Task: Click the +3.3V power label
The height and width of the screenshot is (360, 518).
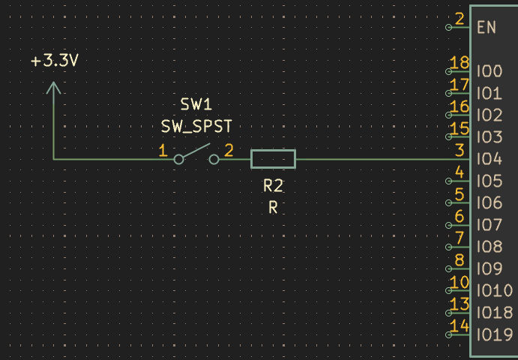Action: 55,61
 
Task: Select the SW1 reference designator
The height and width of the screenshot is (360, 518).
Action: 196,105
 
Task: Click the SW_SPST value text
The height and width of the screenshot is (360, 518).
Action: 196,126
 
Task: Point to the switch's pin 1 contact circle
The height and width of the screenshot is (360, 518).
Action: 178,160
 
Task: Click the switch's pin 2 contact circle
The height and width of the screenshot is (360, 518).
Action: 214,160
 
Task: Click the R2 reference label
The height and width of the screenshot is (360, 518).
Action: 273,186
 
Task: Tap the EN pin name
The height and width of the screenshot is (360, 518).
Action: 487,28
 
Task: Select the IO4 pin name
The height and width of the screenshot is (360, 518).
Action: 490,159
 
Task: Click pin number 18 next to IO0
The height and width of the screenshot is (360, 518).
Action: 460,63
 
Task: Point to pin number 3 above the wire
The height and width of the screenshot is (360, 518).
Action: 460,151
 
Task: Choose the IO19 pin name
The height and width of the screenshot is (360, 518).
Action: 495,335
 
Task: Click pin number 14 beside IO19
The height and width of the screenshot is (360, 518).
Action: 460,326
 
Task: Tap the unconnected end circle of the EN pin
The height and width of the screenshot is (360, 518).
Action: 448,28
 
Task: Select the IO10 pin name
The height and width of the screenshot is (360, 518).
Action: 495,291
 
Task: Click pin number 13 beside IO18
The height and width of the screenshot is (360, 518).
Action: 460,304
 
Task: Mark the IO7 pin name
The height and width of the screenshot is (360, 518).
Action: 490,226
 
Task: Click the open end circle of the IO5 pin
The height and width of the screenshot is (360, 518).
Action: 448,181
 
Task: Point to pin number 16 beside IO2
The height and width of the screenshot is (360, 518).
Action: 460,106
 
